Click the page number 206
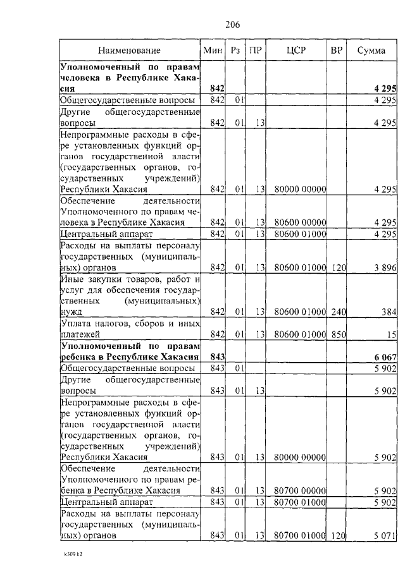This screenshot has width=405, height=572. point(232,25)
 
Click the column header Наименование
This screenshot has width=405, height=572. point(129,50)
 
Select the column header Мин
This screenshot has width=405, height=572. point(212,50)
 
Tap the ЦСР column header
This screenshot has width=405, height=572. point(296,50)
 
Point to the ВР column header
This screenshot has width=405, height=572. point(337,50)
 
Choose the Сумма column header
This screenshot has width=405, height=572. point(370,50)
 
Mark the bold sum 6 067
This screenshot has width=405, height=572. point(384,356)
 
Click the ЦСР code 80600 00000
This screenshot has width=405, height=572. point(300,222)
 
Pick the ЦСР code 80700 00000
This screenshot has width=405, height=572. point(300,490)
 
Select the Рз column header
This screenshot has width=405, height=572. point(235,50)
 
